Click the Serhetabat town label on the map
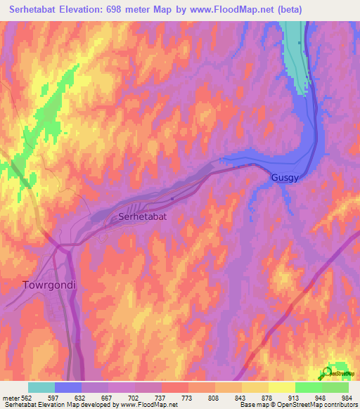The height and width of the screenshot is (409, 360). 143,217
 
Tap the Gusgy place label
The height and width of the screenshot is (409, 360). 285,178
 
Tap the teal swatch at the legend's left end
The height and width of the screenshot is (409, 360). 41,387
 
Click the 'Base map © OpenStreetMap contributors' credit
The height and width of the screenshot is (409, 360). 296,405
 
